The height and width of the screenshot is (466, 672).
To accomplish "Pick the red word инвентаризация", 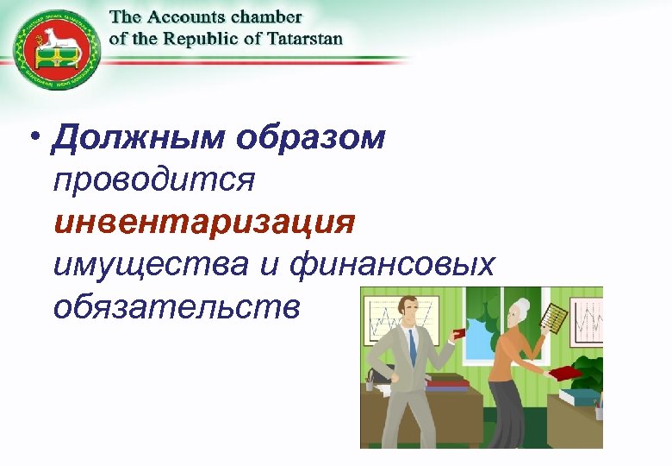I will point(204,223).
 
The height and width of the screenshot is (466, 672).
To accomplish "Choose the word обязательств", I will point(177,306).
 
